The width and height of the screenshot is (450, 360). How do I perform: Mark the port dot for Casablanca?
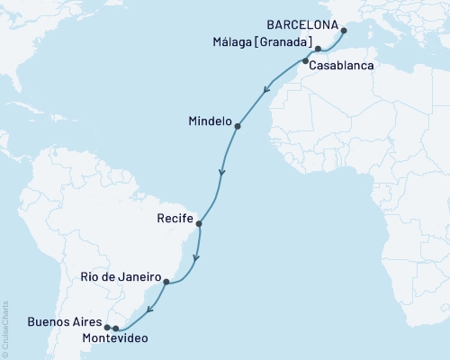click(x=305, y=61)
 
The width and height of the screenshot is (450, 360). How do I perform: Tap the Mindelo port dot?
click(x=237, y=127)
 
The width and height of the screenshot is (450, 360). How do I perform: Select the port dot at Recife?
click(x=199, y=224)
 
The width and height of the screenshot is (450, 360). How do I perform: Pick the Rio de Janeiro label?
click(x=120, y=277)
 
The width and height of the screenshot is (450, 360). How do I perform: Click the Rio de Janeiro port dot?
click(x=166, y=282)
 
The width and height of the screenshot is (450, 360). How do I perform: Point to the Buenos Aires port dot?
click(x=107, y=327)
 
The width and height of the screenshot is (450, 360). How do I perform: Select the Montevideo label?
click(x=110, y=339)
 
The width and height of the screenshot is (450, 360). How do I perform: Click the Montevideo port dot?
click(x=116, y=328)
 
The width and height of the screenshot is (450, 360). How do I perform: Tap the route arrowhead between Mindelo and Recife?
click(x=222, y=171)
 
